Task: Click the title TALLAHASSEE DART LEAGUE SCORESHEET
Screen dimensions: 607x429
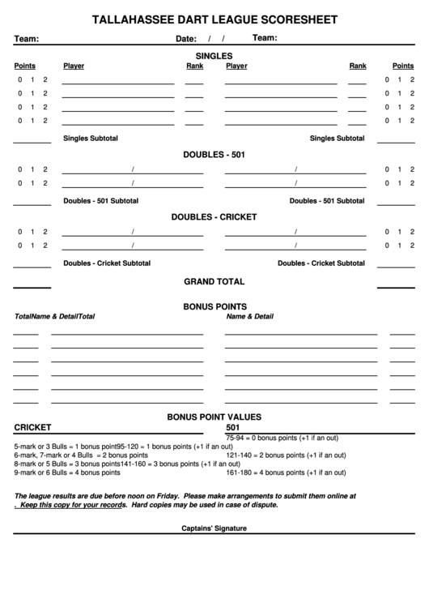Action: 214,19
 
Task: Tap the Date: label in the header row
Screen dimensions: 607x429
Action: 186,39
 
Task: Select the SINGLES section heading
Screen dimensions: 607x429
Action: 214,55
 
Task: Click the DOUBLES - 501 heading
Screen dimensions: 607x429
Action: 214,154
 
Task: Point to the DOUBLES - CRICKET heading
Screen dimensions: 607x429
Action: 214,217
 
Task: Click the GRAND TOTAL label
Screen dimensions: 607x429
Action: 214,282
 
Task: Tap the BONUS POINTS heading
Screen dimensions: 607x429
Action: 214,306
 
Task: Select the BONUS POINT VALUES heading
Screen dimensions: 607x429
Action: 214,417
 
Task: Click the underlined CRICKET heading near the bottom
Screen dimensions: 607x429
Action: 33,427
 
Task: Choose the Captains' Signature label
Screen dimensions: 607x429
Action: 214,528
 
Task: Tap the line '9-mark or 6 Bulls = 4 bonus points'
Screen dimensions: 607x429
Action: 57,472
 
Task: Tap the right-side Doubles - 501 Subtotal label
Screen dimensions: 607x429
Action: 327,201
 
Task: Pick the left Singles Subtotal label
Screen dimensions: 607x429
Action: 91,139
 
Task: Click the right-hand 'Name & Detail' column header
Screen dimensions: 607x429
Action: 250,317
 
